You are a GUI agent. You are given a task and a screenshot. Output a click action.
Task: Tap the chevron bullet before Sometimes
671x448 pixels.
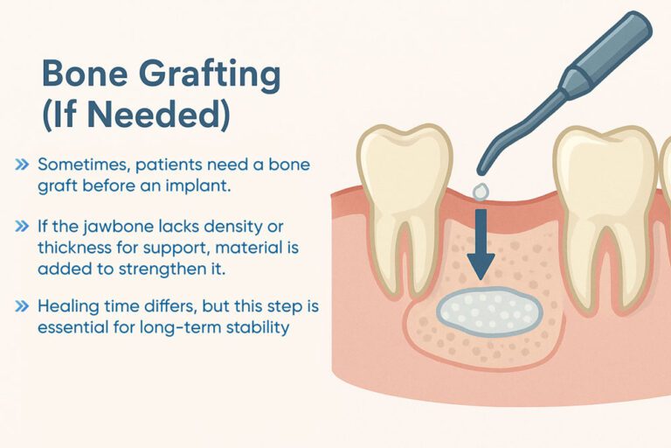(21, 164)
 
